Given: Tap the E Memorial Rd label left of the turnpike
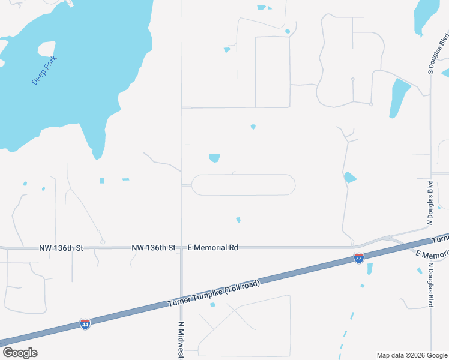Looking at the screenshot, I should click(x=213, y=247).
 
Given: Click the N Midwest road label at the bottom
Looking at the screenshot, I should click(x=181, y=340).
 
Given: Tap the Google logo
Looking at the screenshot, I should click(x=20, y=353).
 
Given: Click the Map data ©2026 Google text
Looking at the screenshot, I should click(x=412, y=355).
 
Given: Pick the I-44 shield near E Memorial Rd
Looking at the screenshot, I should click(x=358, y=258).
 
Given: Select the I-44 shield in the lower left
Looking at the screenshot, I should click(x=85, y=324).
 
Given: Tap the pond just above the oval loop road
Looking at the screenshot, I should click(x=214, y=158).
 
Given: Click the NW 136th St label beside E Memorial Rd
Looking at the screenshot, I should click(x=154, y=247).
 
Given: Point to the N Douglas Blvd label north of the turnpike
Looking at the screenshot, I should click(x=430, y=202).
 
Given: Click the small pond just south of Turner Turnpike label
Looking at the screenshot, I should click(x=212, y=305).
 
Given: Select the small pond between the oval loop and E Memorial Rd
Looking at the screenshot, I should click(x=238, y=220).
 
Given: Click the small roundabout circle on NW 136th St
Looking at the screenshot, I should click(x=103, y=242).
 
